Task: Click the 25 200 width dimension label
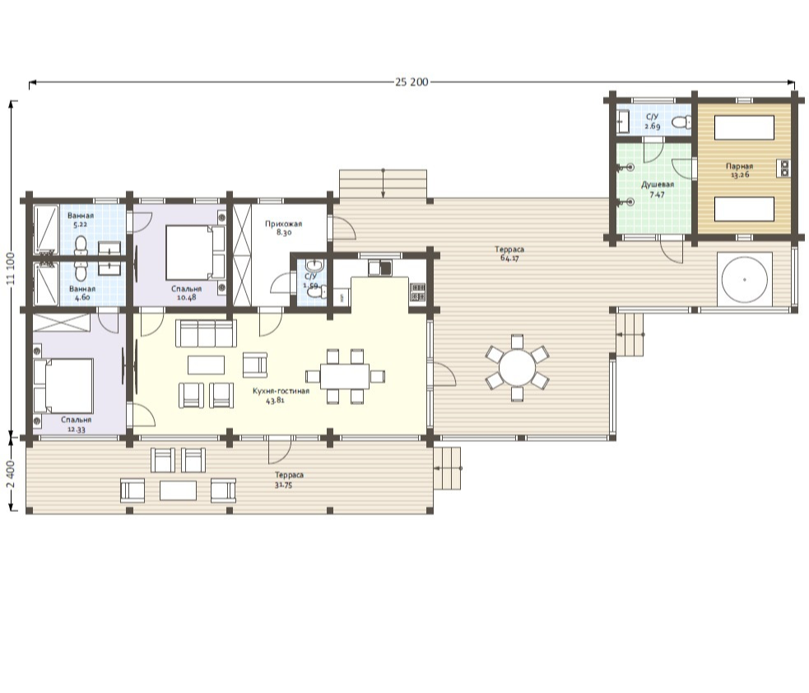411,82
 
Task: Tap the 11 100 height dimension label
10,269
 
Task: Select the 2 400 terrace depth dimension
11,475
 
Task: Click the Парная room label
739,166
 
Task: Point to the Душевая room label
658,184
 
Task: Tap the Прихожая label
283,224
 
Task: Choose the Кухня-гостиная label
281,391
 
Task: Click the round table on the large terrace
517,368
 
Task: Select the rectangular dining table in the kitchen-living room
345,376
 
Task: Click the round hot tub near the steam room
745,280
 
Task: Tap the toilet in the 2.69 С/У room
682,123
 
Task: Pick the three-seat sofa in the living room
207,333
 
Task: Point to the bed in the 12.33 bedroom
63,385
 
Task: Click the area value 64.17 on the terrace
509,258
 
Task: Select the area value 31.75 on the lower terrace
284,485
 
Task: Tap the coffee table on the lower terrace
178,491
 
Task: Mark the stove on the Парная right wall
783,168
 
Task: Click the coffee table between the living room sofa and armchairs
207,365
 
